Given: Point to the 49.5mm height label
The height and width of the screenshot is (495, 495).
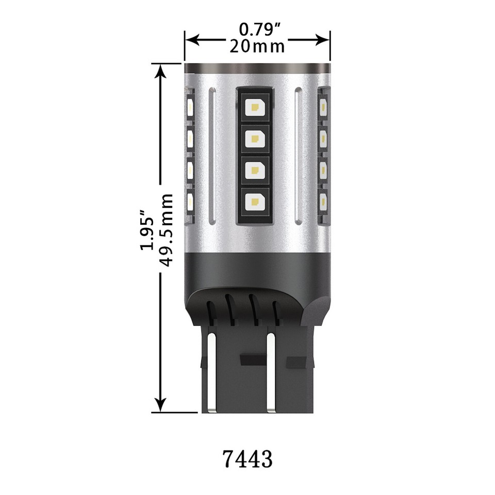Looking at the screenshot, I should pos(166,229).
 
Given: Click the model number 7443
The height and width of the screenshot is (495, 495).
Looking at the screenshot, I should pos(248,458).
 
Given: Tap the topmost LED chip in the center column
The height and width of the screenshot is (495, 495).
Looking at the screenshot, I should pos(254,107).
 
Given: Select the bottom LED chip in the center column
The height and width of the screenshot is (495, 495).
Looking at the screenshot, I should pos(254,201).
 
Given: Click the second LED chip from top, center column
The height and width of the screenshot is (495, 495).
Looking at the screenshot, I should pos(254,138).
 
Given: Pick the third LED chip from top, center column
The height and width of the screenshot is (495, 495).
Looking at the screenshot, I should pos(254,170).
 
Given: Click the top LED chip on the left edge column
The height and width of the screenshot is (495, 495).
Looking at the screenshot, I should pos(190,107).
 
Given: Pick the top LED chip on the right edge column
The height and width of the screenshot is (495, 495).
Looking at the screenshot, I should pos(323,107).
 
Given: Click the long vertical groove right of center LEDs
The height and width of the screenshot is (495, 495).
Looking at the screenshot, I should pos(298,155).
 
